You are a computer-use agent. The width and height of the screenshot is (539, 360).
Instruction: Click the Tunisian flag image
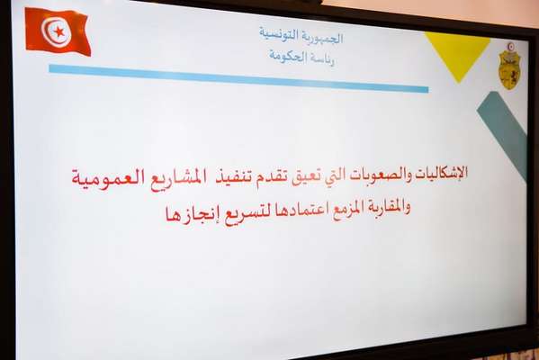pos(58,31)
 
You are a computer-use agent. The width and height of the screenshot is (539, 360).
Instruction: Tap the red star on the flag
pos(59,32)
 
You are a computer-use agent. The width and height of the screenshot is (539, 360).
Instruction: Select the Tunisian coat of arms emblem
pos(509,67)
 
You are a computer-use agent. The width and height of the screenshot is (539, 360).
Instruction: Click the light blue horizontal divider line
pos(238,78)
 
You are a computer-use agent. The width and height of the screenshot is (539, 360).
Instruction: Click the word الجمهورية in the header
pos(322,38)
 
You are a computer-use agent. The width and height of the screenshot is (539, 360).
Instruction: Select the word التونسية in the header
pos(278,35)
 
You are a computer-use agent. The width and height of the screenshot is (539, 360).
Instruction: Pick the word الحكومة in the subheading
pos(288,56)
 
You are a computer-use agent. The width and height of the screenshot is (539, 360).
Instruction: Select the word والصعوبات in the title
pos(377,175)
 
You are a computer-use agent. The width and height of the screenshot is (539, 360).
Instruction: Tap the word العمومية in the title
pos(109,178)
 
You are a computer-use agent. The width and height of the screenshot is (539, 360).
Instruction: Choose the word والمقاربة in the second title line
pos(384,207)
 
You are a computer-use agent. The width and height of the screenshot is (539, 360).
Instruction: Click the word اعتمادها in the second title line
pos(303,211)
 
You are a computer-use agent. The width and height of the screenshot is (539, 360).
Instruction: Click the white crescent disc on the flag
pos(56,31)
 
